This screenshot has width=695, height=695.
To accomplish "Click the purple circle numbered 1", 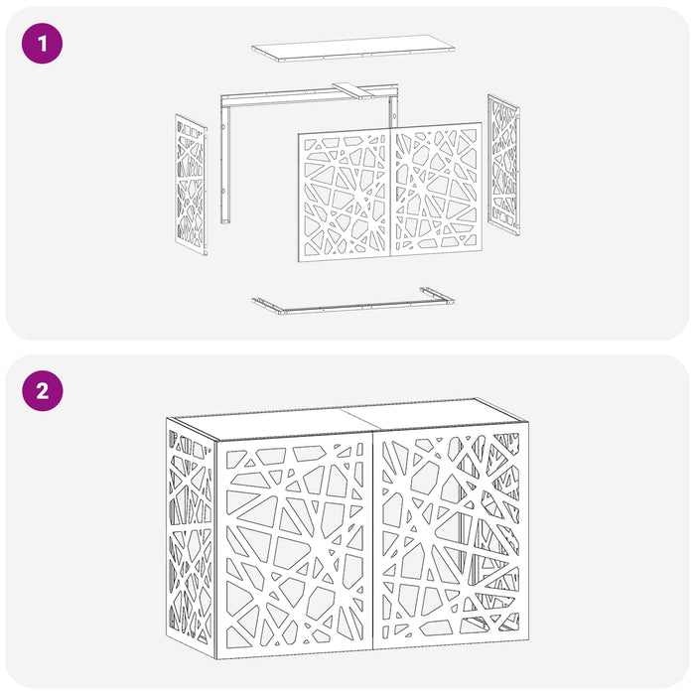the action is pos(42,44).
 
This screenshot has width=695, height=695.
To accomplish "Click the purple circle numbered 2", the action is pos(42,391).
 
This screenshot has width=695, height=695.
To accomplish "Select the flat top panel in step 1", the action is pos(353,48).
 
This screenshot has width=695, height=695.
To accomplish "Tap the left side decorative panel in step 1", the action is pos(191,185).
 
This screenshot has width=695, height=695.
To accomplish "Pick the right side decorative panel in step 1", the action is pos(504,165).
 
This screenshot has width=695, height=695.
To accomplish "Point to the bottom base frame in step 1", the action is pos(353,302).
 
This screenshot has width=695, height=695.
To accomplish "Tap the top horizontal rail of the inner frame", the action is pos(310,95).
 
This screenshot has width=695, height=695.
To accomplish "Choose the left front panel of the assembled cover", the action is pos(295,545).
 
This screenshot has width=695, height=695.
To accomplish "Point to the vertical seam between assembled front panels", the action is pos(373,541).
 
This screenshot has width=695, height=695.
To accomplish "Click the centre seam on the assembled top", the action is pos(361,419).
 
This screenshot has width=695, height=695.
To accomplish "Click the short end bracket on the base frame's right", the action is pos(437,295).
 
